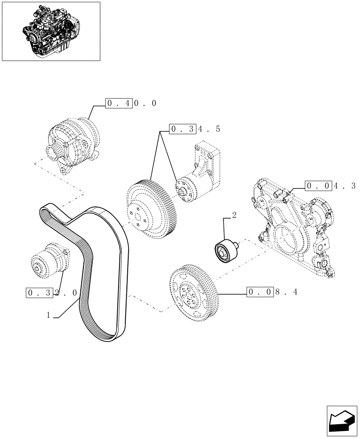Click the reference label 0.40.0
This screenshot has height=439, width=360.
(131, 104)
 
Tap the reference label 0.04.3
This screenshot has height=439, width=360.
(331, 186)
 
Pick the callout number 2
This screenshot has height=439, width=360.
(234, 215)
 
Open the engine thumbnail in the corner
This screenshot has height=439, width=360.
(51, 31)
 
